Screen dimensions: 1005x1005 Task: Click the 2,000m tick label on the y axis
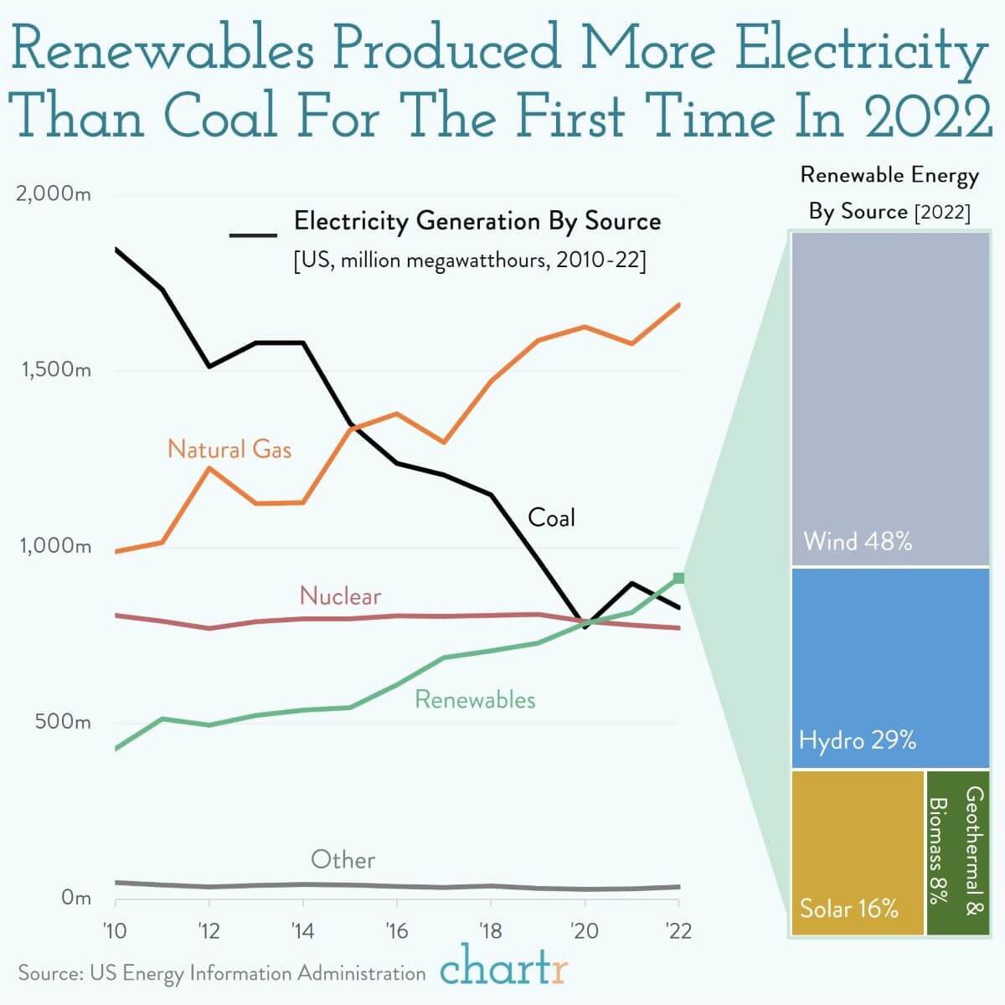[x=54, y=194]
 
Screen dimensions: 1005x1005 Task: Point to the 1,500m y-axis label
[x=56, y=370]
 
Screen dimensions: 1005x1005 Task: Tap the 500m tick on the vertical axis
[x=63, y=722]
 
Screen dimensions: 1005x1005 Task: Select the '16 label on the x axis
[x=397, y=930]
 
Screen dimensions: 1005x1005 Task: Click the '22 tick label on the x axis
[x=678, y=930]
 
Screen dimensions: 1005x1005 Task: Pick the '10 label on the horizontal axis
[x=115, y=930]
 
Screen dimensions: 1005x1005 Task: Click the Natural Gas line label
[x=229, y=449]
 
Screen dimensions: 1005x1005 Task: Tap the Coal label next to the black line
[x=551, y=518]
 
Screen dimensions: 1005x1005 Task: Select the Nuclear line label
[x=341, y=596]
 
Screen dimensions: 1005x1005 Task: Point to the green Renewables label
[x=475, y=699]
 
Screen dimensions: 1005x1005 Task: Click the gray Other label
[x=343, y=859]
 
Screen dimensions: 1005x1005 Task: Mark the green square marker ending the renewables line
[x=678, y=578]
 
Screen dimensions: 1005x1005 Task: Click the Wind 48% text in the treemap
[x=858, y=541]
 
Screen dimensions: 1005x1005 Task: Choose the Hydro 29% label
[x=858, y=740]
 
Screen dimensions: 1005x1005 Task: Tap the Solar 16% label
[x=849, y=909]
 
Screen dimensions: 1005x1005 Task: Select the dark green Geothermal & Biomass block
[x=958, y=853]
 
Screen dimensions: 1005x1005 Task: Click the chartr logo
[x=503, y=967]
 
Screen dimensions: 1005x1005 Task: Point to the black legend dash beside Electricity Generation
[x=253, y=235]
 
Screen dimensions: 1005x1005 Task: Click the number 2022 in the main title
[x=928, y=116]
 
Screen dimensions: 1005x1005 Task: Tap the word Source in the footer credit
[x=50, y=973]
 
